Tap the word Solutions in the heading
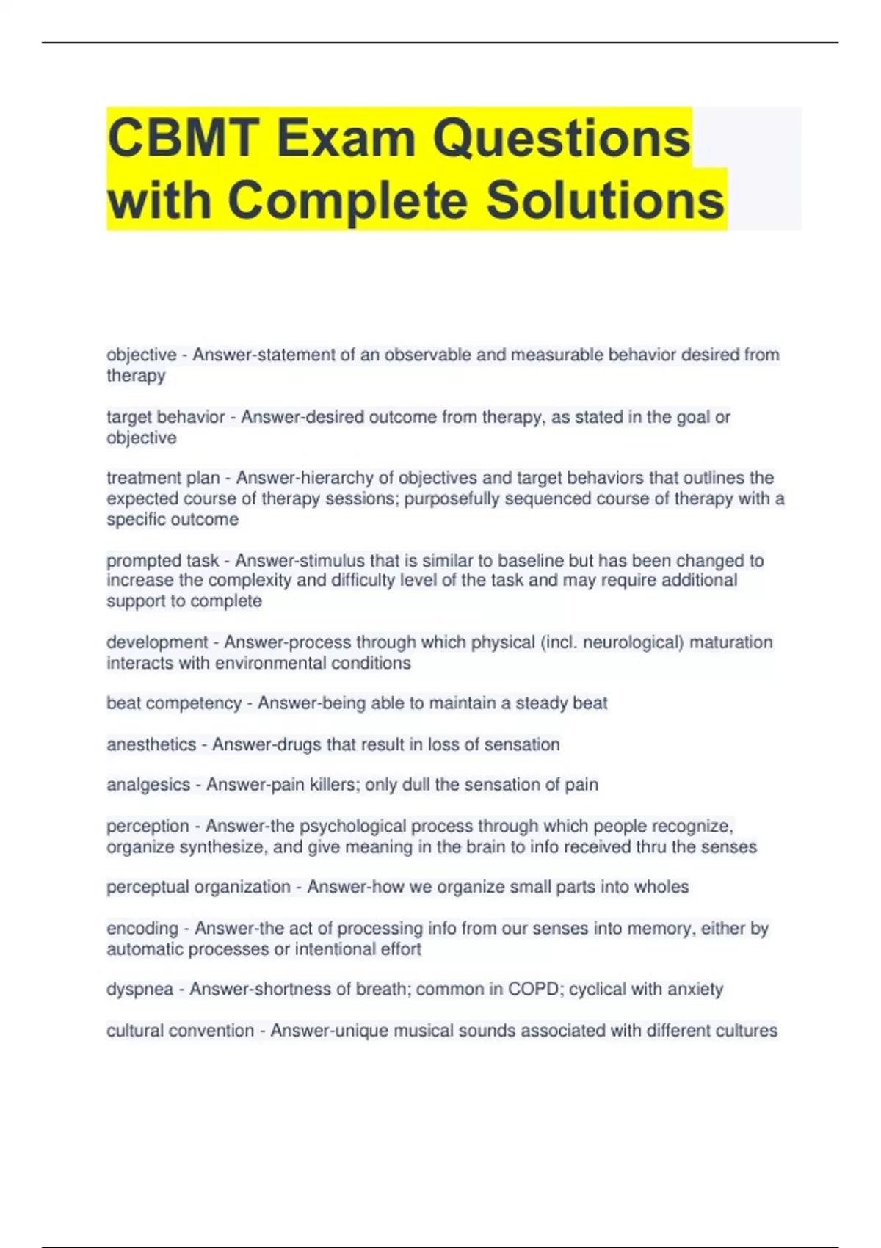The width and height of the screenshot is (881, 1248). tap(605, 200)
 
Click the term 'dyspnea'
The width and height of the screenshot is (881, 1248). tap(139, 990)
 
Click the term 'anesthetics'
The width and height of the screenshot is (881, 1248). tap(151, 744)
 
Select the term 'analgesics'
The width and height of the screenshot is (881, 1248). tap(148, 785)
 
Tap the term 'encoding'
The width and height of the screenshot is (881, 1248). tap(142, 929)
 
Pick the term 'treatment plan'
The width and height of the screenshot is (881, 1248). tap(163, 478)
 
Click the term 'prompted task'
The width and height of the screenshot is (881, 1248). tap(162, 561)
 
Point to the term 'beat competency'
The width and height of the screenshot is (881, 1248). tap(174, 703)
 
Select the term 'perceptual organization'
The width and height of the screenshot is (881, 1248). tap(198, 887)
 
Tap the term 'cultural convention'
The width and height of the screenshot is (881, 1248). tap(180, 1031)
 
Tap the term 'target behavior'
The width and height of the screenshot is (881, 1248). tap(166, 417)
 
